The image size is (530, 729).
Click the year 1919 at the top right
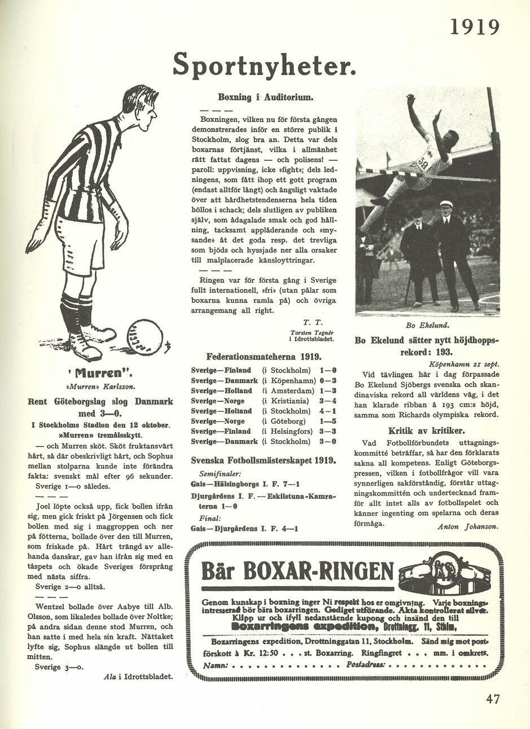tap(475, 27)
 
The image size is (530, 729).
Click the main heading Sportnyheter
tap(264, 64)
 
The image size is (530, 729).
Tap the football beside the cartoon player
tap(144, 337)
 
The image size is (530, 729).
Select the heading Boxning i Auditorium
tap(265, 97)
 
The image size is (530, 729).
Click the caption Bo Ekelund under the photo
tap(427, 326)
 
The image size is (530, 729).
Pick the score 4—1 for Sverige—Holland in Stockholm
tap(327, 411)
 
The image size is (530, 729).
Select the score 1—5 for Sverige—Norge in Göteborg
tap(328, 421)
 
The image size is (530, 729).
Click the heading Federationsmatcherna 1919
tap(264, 357)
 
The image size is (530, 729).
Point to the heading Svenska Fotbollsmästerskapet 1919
tap(264, 460)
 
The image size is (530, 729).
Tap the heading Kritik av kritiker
tap(426, 431)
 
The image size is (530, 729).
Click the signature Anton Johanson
tap(467, 526)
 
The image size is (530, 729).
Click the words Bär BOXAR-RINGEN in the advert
tap(297, 572)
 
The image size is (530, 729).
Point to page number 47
tap(493, 699)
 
